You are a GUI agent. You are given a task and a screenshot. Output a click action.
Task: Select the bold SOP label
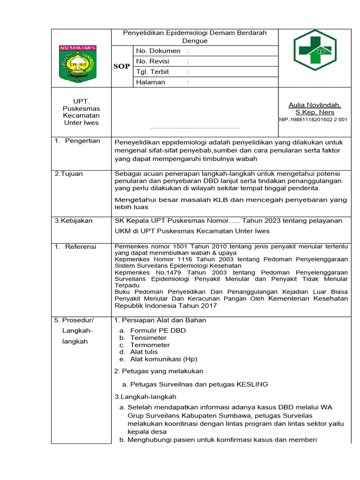click(x=121, y=67)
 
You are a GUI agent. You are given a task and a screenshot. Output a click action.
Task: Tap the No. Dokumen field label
click(x=158, y=51)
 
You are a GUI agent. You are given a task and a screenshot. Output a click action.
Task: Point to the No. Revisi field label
click(x=152, y=61)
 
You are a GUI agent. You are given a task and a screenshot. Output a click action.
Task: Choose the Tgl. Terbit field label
click(x=152, y=72)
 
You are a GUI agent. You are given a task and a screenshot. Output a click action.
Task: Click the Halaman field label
click(x=150, y=82)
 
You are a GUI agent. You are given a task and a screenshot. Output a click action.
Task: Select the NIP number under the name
click(x=313, y=120)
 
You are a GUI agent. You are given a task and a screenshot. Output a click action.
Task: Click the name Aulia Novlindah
click(x=315, y=105)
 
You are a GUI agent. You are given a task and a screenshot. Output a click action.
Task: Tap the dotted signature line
click(x=195, y=127)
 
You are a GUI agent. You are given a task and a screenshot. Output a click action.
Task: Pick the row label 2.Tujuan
click(x=69, y=174)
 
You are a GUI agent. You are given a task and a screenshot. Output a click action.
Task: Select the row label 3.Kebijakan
click(x=74, y=221)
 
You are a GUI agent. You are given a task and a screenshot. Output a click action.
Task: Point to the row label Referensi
click(x=80, y=247)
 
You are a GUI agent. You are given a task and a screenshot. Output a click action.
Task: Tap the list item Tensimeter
click(x=148, y=337)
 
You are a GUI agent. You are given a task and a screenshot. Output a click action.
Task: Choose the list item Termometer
click(x=150, y=345)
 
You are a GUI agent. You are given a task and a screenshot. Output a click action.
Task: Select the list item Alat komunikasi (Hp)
click(x=164, y=359)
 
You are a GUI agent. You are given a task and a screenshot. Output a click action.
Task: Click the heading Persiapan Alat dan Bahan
click(x=163, y=320)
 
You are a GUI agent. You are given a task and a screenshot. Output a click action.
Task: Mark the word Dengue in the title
click(x=195, y=41)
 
